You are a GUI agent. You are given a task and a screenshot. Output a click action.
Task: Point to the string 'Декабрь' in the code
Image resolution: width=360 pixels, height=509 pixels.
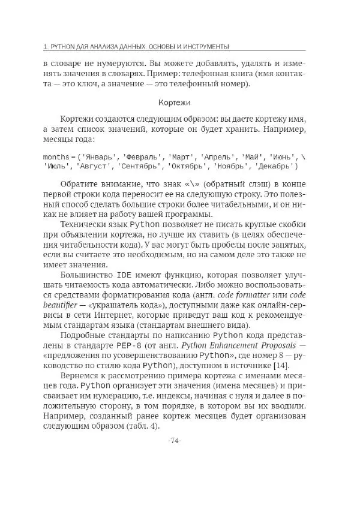click(275, 166)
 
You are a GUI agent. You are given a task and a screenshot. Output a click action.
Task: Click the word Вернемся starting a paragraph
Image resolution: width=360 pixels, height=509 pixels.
click(78, 388)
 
